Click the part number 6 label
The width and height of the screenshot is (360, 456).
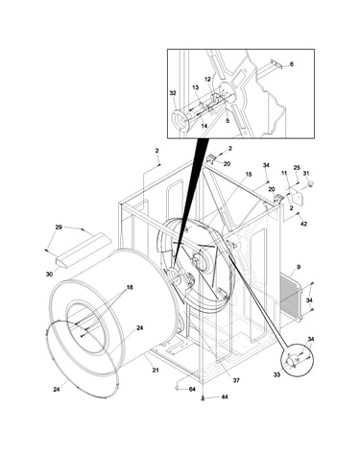(x=291, y=64)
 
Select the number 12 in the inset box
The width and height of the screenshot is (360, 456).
(x=207, y=79)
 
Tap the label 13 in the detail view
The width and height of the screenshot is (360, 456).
(x=196, y=87)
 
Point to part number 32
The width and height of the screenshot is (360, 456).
(x=173, y=93)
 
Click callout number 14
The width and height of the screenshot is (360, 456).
(x=204, y=126)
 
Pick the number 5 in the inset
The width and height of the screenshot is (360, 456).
(x=228, y=121)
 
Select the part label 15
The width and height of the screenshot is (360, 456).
(x=249, y=175)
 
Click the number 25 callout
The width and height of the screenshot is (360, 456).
(x=297, y=168)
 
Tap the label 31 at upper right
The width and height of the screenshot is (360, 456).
(x=306, y=173)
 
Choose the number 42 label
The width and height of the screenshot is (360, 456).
(x=303, y=224)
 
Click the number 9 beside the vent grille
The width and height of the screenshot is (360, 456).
(x=299, y=267)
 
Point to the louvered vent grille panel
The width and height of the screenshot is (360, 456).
(x=291, y=298)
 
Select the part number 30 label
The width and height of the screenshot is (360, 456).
(x=49, y=275)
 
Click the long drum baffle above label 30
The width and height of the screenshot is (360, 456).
(x=83, y=250)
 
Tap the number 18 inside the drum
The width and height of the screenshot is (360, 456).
(x=130, y=287)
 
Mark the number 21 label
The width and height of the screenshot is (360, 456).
(x=156, y=371)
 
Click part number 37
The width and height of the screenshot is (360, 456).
(x=236, y=380)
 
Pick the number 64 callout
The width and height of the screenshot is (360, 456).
(x=192, y=389)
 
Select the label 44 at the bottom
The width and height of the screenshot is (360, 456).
(x=225, y=396)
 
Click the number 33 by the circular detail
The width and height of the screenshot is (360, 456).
(x=276, y=374)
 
